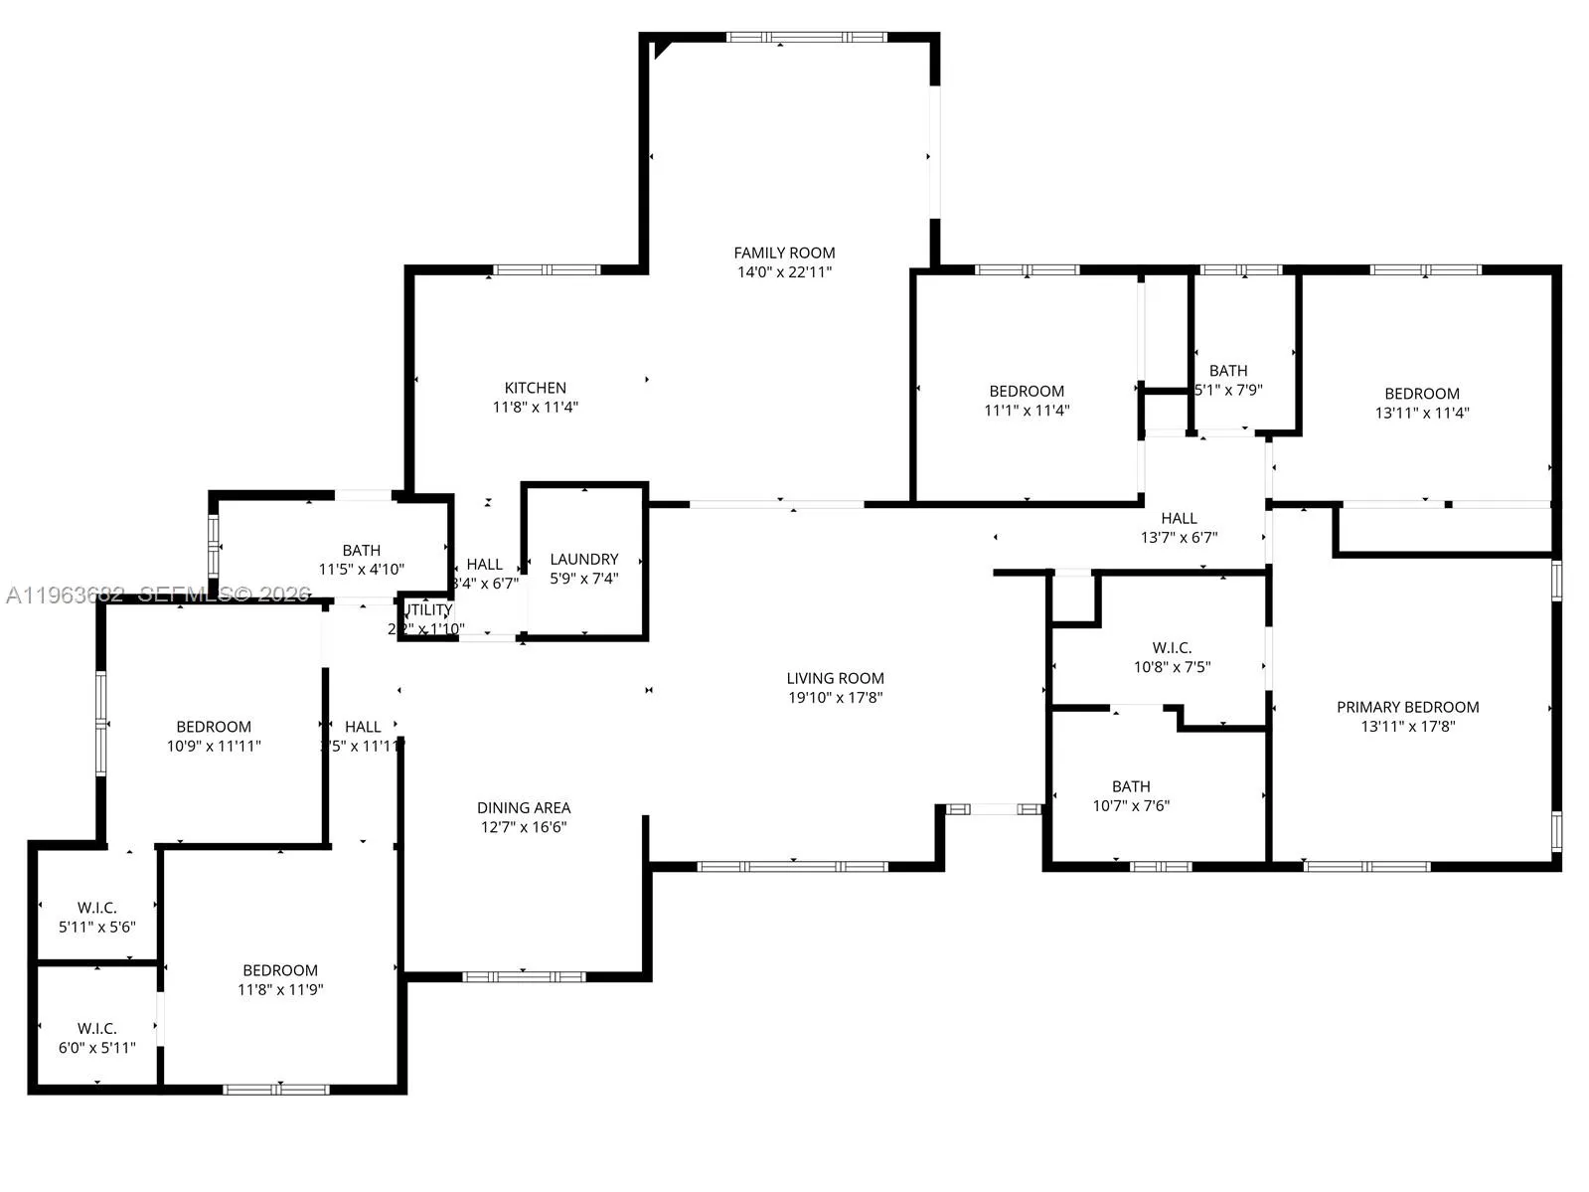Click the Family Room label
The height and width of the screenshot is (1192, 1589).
coord(784,253)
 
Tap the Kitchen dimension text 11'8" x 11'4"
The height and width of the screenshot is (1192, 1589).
coord(535,407)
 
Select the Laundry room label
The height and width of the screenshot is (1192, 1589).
coord(584,559)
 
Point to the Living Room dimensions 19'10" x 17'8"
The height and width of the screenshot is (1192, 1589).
coord(835,698)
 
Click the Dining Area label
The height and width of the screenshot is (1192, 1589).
coord(524,807)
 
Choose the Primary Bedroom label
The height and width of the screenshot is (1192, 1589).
coord(1407,707)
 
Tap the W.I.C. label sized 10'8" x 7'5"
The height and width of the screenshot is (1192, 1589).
coord(1172,647)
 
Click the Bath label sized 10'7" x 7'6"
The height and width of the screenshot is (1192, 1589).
coord(1131,786)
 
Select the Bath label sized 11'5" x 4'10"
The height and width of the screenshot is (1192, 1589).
coord(361,550)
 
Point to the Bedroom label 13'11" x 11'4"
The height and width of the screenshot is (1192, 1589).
coord(1422,394)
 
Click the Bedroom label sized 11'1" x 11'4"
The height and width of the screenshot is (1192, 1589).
coord(1027,392)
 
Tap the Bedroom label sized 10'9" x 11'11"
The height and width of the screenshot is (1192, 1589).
coord(214,727)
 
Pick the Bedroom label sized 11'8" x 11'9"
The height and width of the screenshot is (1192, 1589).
coord(280,970)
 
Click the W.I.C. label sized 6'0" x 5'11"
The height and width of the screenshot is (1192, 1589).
coord(97,1028)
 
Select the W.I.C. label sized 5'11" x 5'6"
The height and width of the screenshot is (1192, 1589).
coord(97,908)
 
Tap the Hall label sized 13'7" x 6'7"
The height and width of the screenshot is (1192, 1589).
coord(1179,518)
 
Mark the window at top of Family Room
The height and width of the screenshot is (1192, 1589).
coord(806,38)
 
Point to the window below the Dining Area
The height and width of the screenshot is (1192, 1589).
coord(524,976)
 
